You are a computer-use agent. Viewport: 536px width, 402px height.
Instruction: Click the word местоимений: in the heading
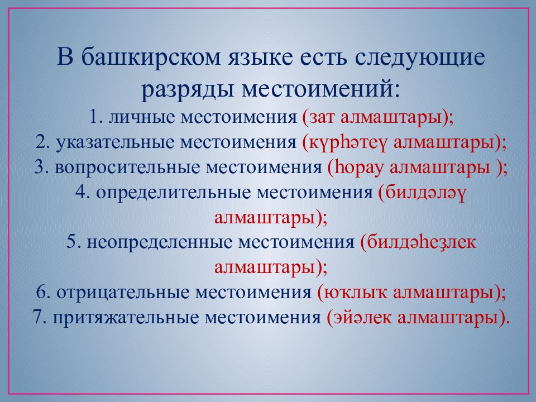320,89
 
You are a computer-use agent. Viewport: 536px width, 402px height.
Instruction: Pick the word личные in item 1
141,117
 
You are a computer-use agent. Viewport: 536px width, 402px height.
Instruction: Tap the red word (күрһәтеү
345,143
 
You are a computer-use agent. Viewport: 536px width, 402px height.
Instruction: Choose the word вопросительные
127,167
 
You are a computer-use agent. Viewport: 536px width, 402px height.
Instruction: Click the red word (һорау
356,168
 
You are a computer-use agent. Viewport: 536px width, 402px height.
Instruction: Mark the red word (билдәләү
422,193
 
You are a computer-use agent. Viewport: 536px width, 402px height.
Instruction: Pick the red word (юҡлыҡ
352,293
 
